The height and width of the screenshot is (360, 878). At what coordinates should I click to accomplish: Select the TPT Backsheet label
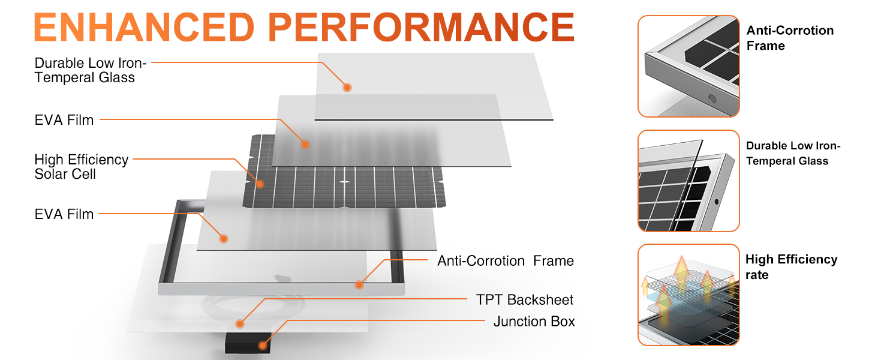(x=524, y=299)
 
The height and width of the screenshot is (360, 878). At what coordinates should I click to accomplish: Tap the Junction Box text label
(x=534, y=322)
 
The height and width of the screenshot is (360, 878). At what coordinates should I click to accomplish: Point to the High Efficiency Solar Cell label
(x=81, y=167)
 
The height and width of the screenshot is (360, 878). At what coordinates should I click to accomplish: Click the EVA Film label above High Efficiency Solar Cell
(x=64, y=120)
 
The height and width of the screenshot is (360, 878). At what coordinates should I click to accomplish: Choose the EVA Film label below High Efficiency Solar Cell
(x=64, y=214)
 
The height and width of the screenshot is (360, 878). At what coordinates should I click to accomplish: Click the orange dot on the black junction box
(x=262, y=345)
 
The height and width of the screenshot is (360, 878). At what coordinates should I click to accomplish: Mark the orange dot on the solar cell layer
(x=260, y=184)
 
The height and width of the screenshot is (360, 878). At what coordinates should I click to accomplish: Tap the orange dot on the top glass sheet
(x=347, y=88)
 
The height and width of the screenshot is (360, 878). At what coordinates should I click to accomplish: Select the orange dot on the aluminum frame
(x=359, y=284)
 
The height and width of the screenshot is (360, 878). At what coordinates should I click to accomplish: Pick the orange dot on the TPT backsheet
(x=240, y=324)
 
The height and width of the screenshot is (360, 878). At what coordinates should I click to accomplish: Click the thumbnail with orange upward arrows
(x=688, y=295)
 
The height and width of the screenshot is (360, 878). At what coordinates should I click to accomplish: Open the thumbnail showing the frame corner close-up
(x=688, y=66)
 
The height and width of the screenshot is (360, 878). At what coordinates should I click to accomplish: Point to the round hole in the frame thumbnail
(x=711, y=98)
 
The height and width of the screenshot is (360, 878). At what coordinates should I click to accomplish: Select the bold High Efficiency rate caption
(x=790, y=267)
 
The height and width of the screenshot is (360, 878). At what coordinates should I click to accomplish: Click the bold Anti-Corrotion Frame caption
(x=789, y=38)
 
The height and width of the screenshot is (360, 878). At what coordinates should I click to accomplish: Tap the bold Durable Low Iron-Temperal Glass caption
(x=793, y=153)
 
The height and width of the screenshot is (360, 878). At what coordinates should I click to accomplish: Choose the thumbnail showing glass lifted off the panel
(x=688, y=181)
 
